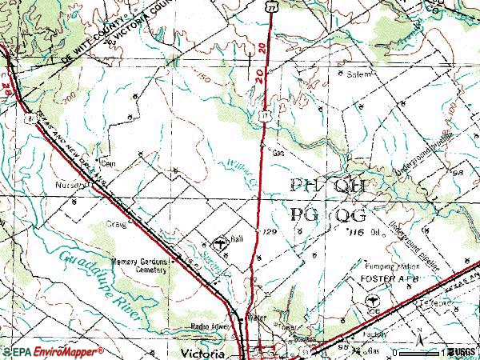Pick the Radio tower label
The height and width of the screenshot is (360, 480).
[210, 326]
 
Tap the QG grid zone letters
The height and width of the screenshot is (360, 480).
[350, 214]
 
